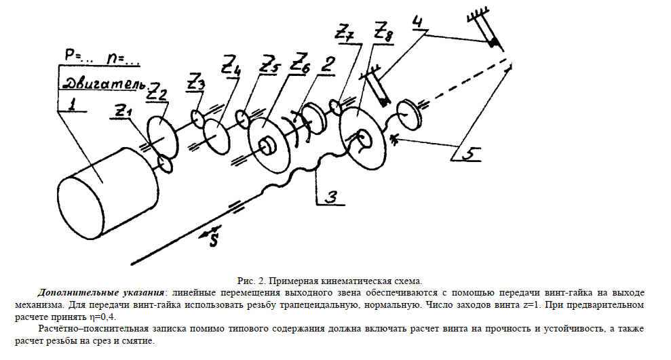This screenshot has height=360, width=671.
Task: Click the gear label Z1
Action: coord(124,110)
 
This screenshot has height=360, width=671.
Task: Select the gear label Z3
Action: coord(195,84)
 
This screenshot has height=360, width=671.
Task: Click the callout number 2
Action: coord(328,65)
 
